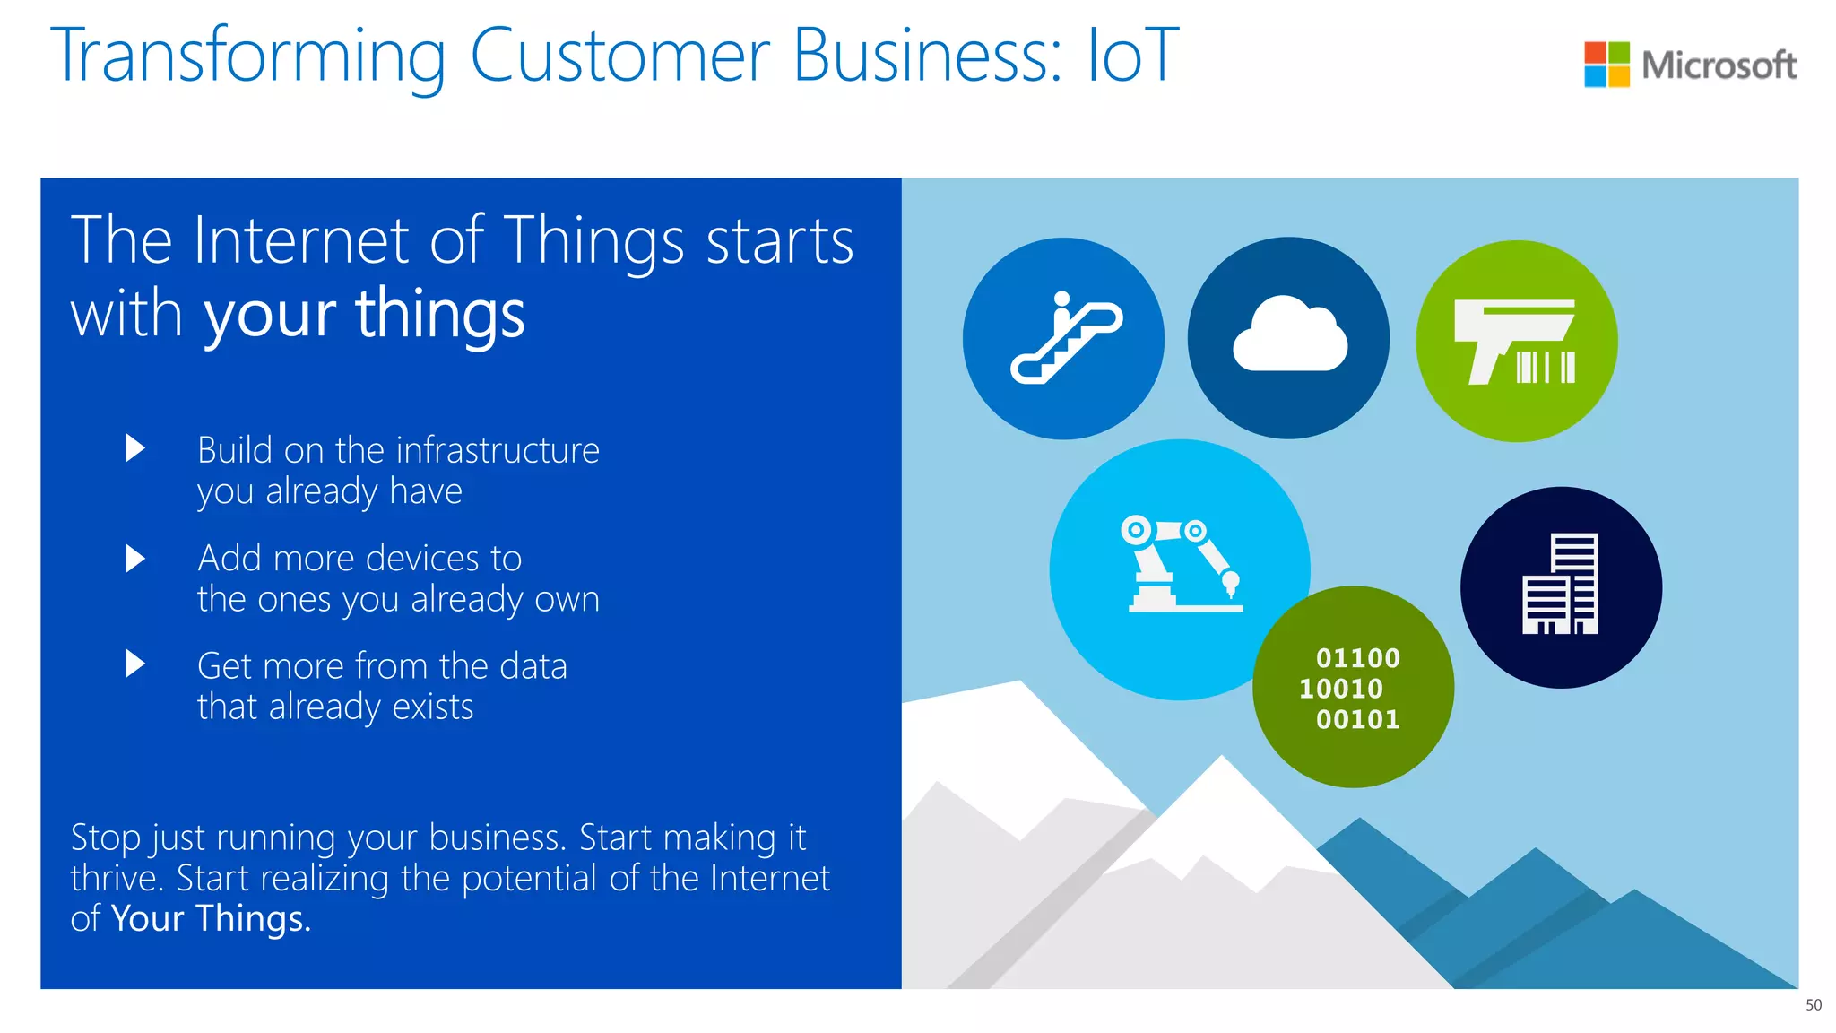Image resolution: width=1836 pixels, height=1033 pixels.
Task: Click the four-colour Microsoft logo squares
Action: click(1606, 65)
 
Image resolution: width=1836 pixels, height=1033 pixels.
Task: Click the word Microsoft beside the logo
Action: click(1719, 65)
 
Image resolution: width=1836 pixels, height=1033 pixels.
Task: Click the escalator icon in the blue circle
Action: click(1065, 338)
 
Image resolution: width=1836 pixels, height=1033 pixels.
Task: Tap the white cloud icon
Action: click(1289, 335)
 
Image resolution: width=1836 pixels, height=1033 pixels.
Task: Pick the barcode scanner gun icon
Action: click(1515, 342)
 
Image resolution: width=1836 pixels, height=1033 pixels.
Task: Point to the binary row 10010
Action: click(1341, 689)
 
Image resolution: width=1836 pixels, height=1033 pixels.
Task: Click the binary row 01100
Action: click(1357, 658)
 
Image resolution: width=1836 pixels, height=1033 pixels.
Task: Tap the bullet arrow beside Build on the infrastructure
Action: click(135, 447)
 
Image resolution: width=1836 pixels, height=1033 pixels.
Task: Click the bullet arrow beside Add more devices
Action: click(135, 559)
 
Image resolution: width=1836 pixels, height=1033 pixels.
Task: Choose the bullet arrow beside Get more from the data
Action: click(135, 664)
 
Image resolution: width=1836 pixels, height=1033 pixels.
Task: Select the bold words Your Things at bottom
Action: click(211, 919)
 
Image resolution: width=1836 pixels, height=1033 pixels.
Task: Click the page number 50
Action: click(1813, 1005)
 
